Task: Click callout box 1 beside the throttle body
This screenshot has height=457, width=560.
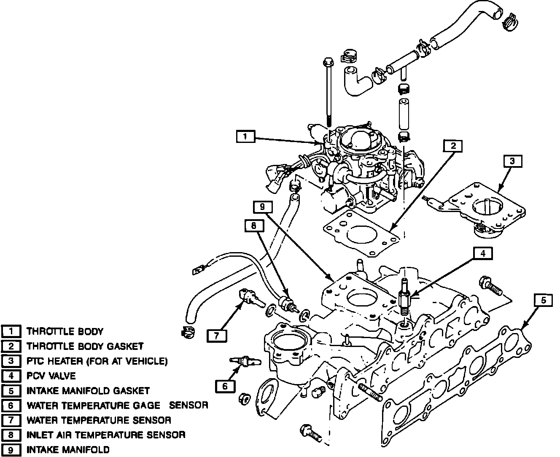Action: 245,137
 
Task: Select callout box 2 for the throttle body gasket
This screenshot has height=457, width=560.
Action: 453,146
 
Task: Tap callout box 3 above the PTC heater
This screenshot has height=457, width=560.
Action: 512,161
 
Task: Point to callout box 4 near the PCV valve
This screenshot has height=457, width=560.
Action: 483,253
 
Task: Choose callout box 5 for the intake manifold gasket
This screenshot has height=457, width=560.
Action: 544,300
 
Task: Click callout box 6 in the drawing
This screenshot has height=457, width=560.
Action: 225,386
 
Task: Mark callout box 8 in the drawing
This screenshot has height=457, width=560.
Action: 253,226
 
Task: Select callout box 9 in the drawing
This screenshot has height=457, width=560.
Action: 262,207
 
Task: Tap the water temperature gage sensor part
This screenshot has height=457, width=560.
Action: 246,362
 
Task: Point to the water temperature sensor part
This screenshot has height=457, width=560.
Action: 250,298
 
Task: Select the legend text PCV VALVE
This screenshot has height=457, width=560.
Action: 51,376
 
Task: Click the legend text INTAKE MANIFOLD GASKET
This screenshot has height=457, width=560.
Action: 88,391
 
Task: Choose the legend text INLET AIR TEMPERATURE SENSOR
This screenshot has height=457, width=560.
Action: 106,435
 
